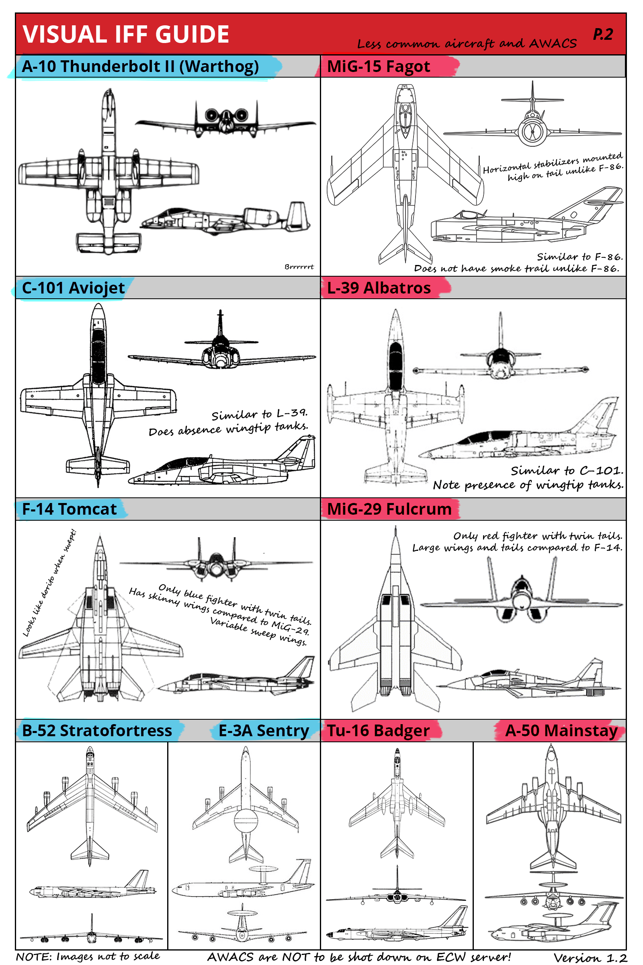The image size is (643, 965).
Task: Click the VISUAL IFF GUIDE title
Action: coord(125,34)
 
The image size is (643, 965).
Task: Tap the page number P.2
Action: coord(602,35)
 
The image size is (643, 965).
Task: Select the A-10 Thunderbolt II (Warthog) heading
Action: coord(140,66)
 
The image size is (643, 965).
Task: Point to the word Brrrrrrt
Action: coord(299,267)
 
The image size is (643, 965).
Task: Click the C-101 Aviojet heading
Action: coord(73,288)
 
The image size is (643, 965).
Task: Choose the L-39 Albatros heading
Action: coord(379,288)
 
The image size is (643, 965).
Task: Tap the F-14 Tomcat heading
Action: coord(69,509)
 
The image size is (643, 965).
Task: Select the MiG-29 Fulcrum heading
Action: coord(389,509)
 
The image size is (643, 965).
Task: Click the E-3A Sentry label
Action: coord(264,731)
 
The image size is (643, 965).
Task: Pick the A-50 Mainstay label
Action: coord(561,731)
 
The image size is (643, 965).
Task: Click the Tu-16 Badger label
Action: coord(378,731)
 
